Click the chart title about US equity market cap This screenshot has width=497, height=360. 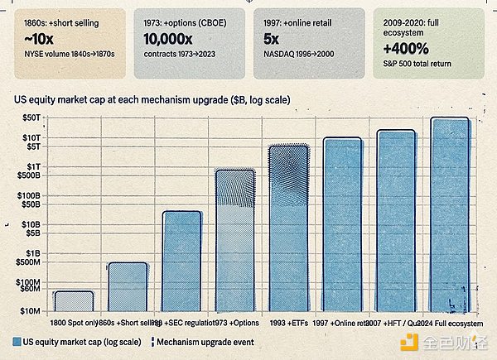[x=158, y=100]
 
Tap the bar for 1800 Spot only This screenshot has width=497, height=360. [x=74, y=300]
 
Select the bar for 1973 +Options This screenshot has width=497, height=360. [x=235, y=240]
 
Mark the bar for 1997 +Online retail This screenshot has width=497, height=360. [x=342, y=224]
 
